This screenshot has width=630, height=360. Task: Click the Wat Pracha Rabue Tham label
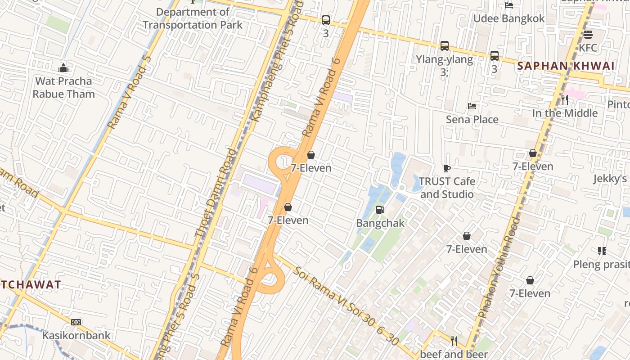pos(63,88)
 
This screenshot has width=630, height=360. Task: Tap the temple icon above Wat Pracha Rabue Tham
pos(63,68)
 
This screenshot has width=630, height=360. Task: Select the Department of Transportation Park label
pos(193,18)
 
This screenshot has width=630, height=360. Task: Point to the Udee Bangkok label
pos(509,18)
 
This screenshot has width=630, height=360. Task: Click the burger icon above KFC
pos(588,35)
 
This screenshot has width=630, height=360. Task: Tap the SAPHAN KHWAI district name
pos(566,66)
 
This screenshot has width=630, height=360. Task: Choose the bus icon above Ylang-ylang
pos(445,45)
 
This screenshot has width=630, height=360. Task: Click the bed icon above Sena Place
pos(472,106)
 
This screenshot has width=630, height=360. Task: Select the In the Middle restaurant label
pos(565,113)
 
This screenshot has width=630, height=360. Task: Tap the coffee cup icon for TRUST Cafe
pos(446,168)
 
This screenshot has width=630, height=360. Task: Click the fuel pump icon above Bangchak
pos(380,209)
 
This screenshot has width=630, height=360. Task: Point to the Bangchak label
pos(380,223)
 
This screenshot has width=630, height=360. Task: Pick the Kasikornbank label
pos(76,335)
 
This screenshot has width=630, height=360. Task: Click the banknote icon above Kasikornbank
pos(76,322)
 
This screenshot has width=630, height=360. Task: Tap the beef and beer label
pos(454,355)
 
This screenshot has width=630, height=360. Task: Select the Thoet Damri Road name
pos(216,193)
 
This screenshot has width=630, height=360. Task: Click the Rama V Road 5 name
pos(128,92)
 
